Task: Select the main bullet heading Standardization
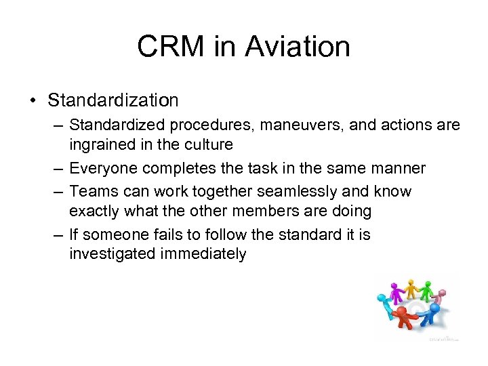pos(113,100)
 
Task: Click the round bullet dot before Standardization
pos(33,101)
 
